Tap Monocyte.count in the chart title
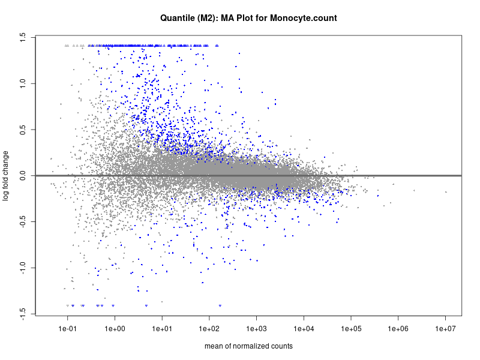point(304,18)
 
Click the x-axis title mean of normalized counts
point(248,346)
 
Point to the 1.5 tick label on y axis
point(22,37)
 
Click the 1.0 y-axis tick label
point(22,83)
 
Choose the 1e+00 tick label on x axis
point(115,329)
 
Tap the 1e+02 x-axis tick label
point(209,329)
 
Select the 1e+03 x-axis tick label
point(256,329)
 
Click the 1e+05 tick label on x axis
point(351,329)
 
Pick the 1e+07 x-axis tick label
point(445,329)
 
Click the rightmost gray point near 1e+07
point(446,192)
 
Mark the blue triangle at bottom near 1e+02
point(220,306)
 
